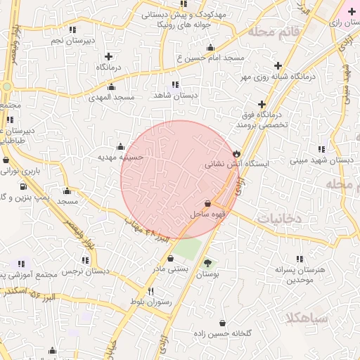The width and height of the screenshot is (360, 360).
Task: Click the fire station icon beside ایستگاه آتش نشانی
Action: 236,153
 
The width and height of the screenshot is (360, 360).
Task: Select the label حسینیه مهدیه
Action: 120,157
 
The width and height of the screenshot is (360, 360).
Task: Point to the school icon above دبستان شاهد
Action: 174,84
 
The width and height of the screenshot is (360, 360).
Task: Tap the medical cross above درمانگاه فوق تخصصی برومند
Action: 262,103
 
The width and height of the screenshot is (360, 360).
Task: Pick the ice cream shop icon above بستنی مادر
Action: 169,258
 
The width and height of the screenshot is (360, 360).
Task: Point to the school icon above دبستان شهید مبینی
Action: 321,150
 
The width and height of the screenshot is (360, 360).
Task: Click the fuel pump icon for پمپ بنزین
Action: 25,187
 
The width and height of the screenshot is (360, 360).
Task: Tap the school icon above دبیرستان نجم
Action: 72,30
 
